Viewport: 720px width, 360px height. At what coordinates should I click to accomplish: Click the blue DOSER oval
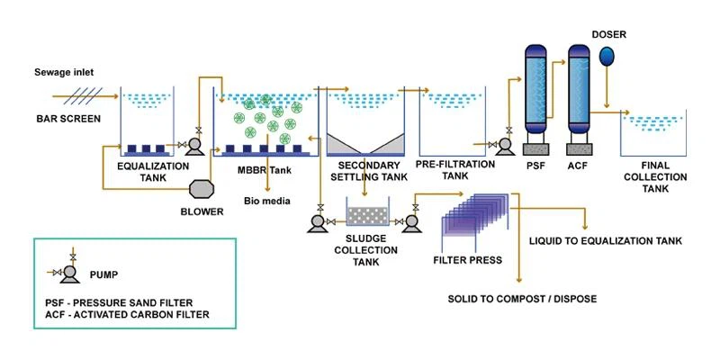click(x=607, y=56)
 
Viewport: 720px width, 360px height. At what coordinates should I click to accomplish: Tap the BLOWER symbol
click(x=202, y=189)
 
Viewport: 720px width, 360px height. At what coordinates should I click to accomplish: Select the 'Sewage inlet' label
click(x=64, y=73)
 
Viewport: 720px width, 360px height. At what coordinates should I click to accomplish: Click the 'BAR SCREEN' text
click(x=68, y=119)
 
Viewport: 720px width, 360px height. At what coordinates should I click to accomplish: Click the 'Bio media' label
click(x=266, y=201)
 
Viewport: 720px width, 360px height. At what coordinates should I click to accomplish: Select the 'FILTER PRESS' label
click(x=467, y=260)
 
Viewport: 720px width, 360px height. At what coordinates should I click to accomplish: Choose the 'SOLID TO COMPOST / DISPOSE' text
click(x=523, y=300)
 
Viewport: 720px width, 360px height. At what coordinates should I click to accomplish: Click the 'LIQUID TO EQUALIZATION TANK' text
click(x=606, y=241)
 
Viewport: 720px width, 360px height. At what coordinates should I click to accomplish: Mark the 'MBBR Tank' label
click(x=264, y=170)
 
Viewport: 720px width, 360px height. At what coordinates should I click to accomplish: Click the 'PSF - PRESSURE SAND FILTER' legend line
click(x=119, y=303)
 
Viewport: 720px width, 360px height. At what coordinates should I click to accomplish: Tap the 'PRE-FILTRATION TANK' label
click(x=455, y=170)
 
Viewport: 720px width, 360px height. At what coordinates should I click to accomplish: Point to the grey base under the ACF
click(x=579, y=149)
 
